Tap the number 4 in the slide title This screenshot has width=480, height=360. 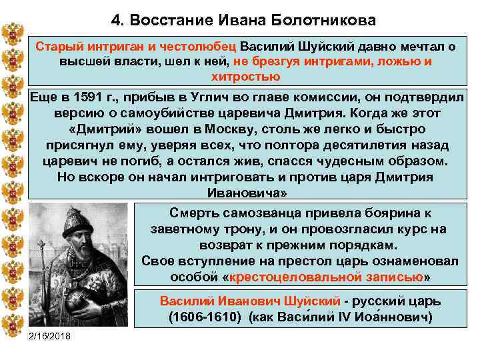(x=117, y=21)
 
